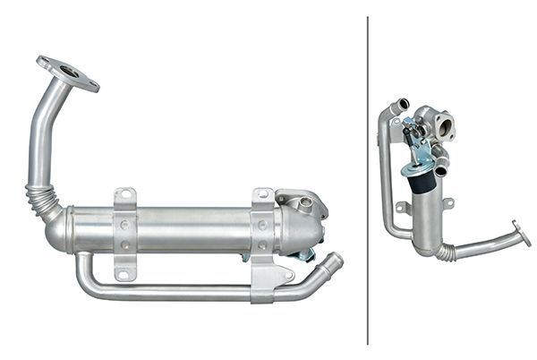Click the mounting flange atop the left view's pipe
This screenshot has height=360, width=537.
(x=67, y=73)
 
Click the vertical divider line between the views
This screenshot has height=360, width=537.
(x=368, y=179)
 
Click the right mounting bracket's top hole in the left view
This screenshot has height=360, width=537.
(x=262, y=195)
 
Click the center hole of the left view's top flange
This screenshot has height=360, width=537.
(x=68, y=74)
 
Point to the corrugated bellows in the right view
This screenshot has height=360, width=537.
(x=445, y=252)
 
